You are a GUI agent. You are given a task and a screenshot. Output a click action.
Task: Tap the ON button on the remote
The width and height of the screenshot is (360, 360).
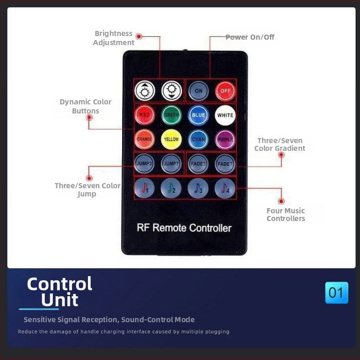198,91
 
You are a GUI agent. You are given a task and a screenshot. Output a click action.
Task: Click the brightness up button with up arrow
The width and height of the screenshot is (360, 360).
144,91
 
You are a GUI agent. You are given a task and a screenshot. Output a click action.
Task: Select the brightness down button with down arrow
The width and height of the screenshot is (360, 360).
171,91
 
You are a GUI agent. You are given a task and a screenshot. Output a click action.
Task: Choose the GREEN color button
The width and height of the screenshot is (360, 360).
171,115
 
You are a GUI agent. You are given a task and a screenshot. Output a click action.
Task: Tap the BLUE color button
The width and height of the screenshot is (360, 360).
198,115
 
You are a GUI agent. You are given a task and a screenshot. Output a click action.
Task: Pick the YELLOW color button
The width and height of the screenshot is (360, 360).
171,139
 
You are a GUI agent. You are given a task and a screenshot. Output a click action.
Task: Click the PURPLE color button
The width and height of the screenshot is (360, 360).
225,139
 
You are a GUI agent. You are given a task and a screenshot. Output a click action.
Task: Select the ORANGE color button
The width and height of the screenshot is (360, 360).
144,139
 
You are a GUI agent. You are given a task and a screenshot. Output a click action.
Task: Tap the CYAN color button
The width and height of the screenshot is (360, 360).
198,139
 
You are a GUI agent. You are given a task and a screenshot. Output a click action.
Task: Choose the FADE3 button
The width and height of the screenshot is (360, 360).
198,164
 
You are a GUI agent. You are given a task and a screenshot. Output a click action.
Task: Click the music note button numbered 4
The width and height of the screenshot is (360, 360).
225,187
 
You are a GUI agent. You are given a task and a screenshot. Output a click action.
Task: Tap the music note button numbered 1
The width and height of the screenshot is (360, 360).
144,187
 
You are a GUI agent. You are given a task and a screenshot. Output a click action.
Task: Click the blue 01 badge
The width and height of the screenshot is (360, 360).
336,293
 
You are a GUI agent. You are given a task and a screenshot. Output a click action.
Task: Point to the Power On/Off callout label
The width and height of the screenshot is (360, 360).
250,37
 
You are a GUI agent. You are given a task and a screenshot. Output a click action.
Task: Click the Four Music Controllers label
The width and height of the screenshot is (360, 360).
286,214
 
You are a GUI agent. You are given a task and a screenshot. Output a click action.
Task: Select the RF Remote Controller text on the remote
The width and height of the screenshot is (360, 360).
184,228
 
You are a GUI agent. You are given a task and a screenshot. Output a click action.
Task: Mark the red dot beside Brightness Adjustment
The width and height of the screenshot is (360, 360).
139,36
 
